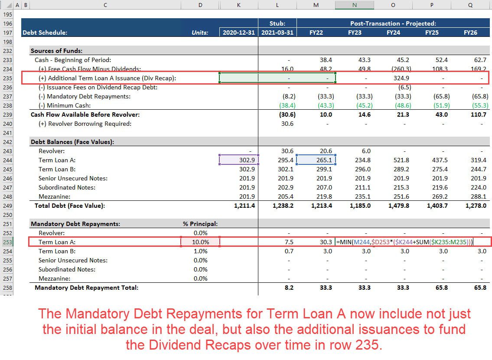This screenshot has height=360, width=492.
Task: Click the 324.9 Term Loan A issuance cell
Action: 401,78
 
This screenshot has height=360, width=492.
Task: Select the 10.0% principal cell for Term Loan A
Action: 200,242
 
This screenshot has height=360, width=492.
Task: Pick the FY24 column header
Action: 393,33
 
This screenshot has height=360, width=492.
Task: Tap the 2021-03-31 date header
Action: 277,33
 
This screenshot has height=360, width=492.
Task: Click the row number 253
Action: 7,242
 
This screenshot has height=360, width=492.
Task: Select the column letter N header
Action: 354,5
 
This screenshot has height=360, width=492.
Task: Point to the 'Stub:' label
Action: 277,23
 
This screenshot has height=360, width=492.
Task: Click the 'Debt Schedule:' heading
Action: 45,33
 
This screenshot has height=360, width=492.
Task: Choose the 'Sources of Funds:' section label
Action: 56,51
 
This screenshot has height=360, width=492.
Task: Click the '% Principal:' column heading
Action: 200,224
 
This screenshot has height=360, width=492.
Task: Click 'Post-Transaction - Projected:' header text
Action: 393,23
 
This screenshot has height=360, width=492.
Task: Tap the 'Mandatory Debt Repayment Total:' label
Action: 86,288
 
